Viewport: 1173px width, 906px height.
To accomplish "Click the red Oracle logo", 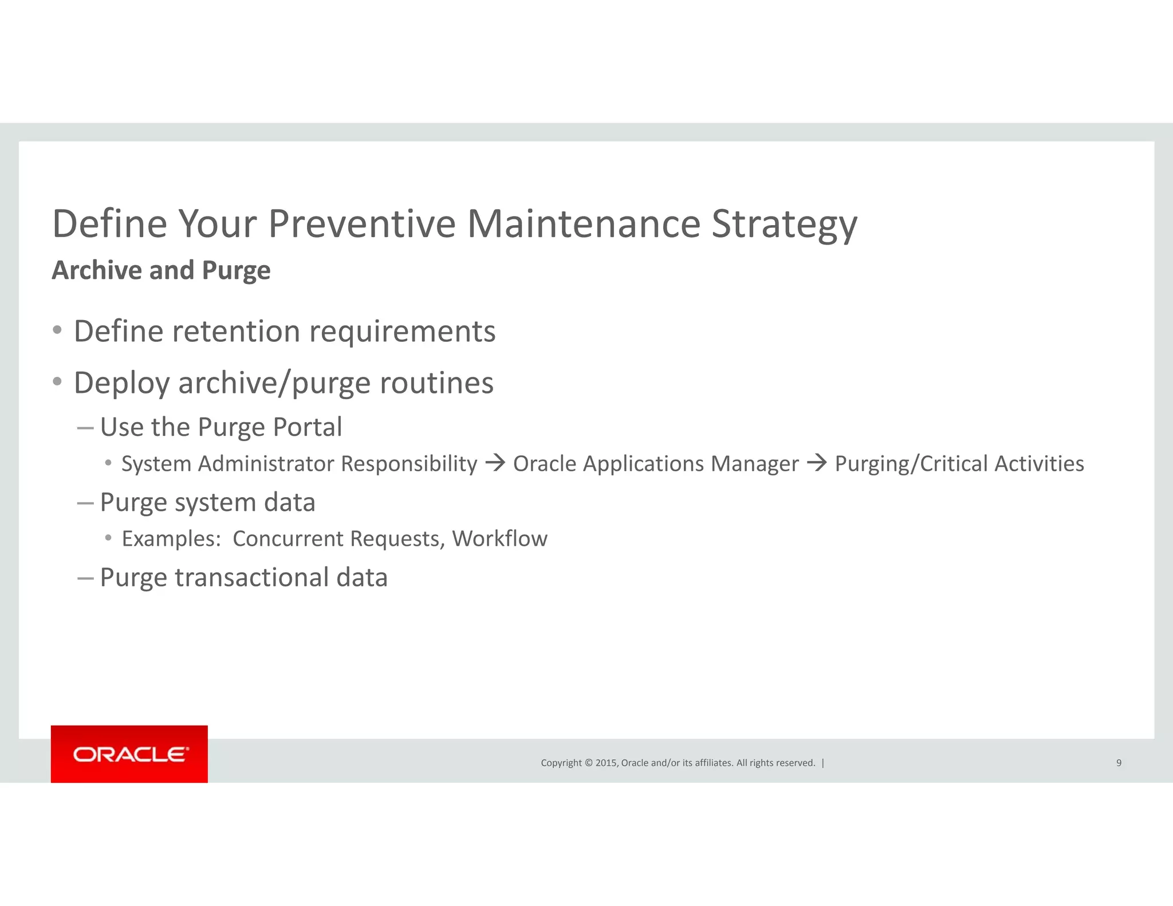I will (129, 754).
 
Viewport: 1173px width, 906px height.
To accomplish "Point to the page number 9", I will (1119, 763).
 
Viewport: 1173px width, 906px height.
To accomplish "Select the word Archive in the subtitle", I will (96, 270).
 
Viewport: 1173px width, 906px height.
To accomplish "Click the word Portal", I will (308, 427).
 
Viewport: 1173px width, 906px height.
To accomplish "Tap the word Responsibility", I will (409, 464).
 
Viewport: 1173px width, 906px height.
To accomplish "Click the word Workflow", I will (499, 539).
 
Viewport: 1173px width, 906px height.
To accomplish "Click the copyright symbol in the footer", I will (588, 763).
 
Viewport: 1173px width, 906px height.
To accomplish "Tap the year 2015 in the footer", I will (606, 763).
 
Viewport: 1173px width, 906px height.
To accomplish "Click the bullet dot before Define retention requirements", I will (57, 330).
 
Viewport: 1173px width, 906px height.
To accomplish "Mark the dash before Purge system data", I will (85, 503).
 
